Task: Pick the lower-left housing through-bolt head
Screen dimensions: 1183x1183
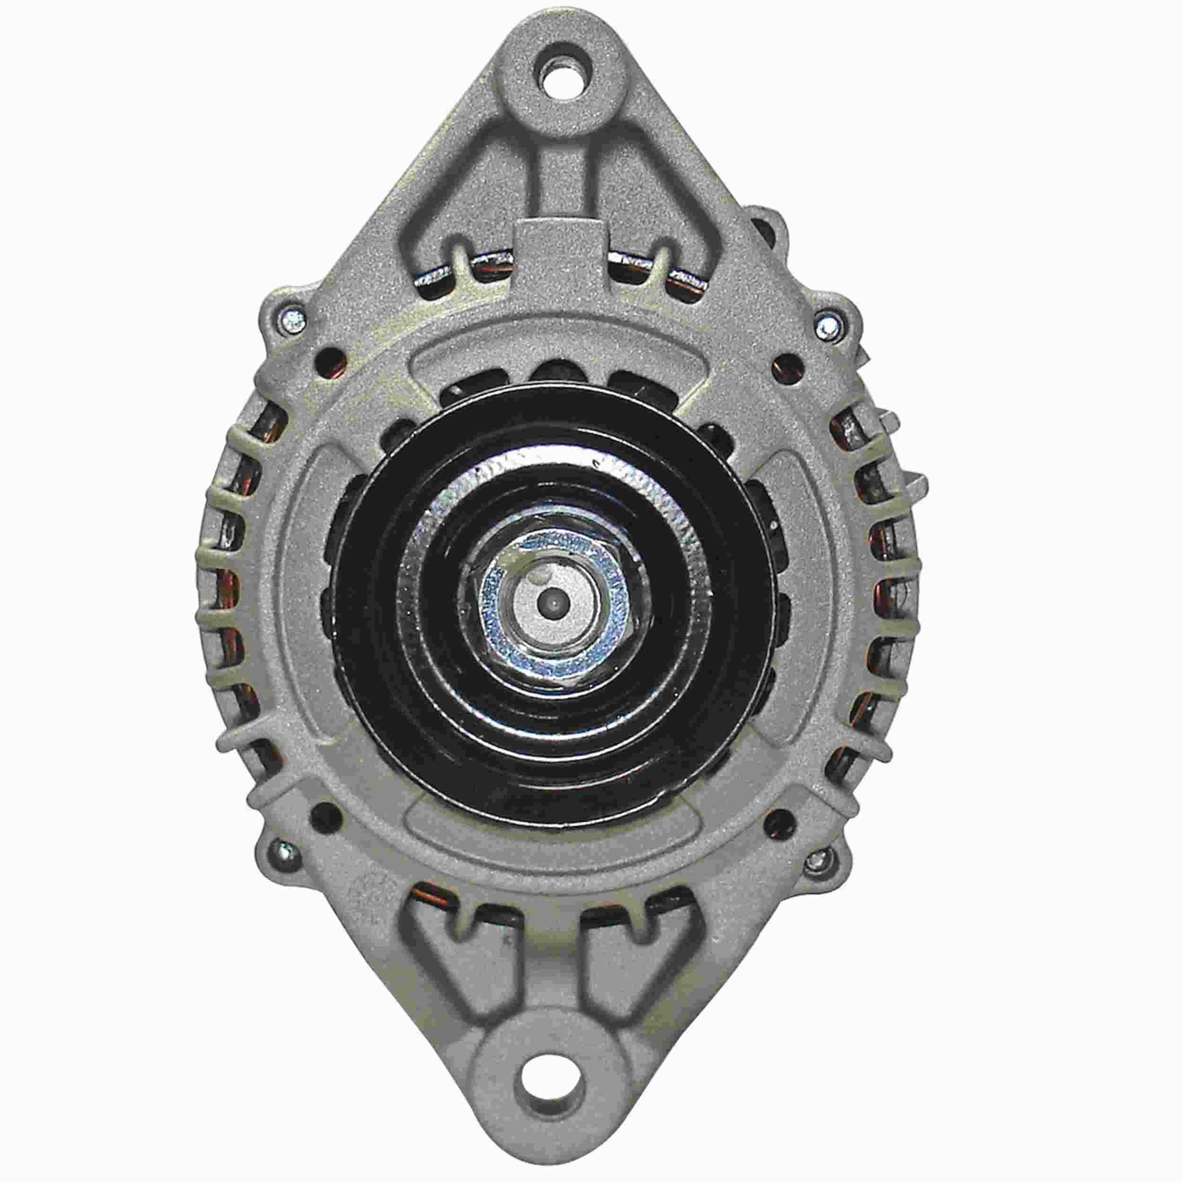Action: pos(284,850)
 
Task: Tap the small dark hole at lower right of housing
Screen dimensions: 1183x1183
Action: pos(777,818)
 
